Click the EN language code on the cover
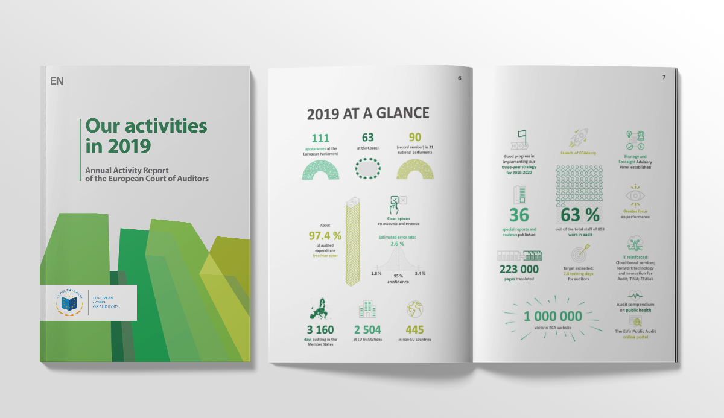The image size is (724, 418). tap(57, 81)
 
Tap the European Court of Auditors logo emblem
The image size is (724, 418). tap(70, 302)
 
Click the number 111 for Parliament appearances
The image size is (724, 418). tap(320, 139)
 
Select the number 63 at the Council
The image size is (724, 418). tap(368, 139)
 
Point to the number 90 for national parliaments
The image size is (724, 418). tap(415, 139)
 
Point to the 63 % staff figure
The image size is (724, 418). tap(580, 215)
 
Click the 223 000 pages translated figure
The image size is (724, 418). tap(518, 269)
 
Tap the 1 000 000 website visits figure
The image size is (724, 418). tap(553, 317)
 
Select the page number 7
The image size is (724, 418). tap(664, 77)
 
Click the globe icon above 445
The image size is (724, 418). tap(415, 309)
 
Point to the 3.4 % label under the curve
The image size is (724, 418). tap(421, 273)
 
